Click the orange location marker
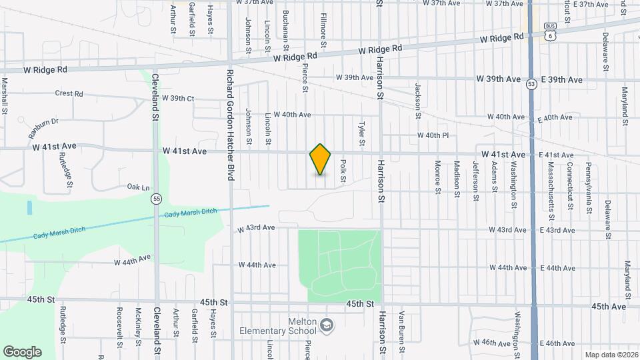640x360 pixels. point(321,159)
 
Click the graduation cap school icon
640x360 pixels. point(327,325)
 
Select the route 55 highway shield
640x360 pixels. point(156,199)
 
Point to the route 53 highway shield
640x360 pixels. point(531,84)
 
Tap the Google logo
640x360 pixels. point(22,352)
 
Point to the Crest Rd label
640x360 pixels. point(69,94)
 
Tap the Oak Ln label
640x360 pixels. point(138,187)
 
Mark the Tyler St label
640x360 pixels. point(362,133)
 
